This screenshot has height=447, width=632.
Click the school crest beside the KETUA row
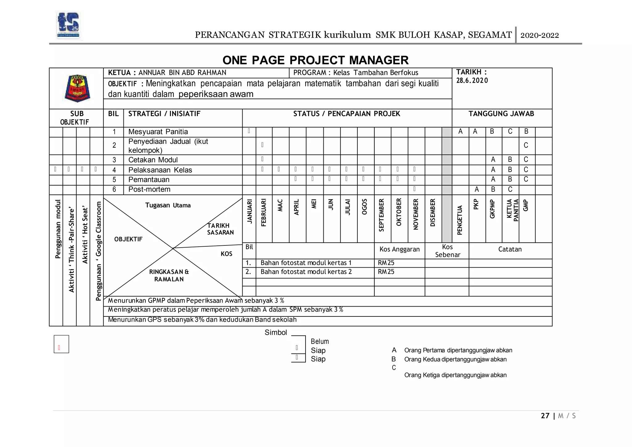[x=77, y=88]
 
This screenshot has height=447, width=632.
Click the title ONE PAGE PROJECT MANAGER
[x=315, y=60]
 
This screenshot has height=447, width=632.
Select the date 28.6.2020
[x=472, y=81]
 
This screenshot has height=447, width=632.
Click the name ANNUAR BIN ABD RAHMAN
[x=182, y=73]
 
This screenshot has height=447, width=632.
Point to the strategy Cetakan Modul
[x=153, y=160]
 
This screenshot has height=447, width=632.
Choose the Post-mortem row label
[x=149, y=190]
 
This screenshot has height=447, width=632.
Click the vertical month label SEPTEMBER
[x=381, y=215]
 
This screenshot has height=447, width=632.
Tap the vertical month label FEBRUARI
[x=264, y=213]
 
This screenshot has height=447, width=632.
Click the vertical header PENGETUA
[x=459, y=220]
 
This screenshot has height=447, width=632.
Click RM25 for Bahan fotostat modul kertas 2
[x=386, y=272]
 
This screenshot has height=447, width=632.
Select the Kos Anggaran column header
[x=399, y=249]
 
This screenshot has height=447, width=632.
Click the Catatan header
[x=510, y=249]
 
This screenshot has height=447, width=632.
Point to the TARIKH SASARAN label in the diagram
[x=220, y=229]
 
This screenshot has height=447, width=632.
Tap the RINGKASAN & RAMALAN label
[x=169, y=276]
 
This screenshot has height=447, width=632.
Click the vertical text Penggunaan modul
[x=58, y=229]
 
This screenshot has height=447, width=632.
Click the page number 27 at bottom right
[x=545, y=416]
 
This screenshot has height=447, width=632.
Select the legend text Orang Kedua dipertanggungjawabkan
[x=455, y=359]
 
